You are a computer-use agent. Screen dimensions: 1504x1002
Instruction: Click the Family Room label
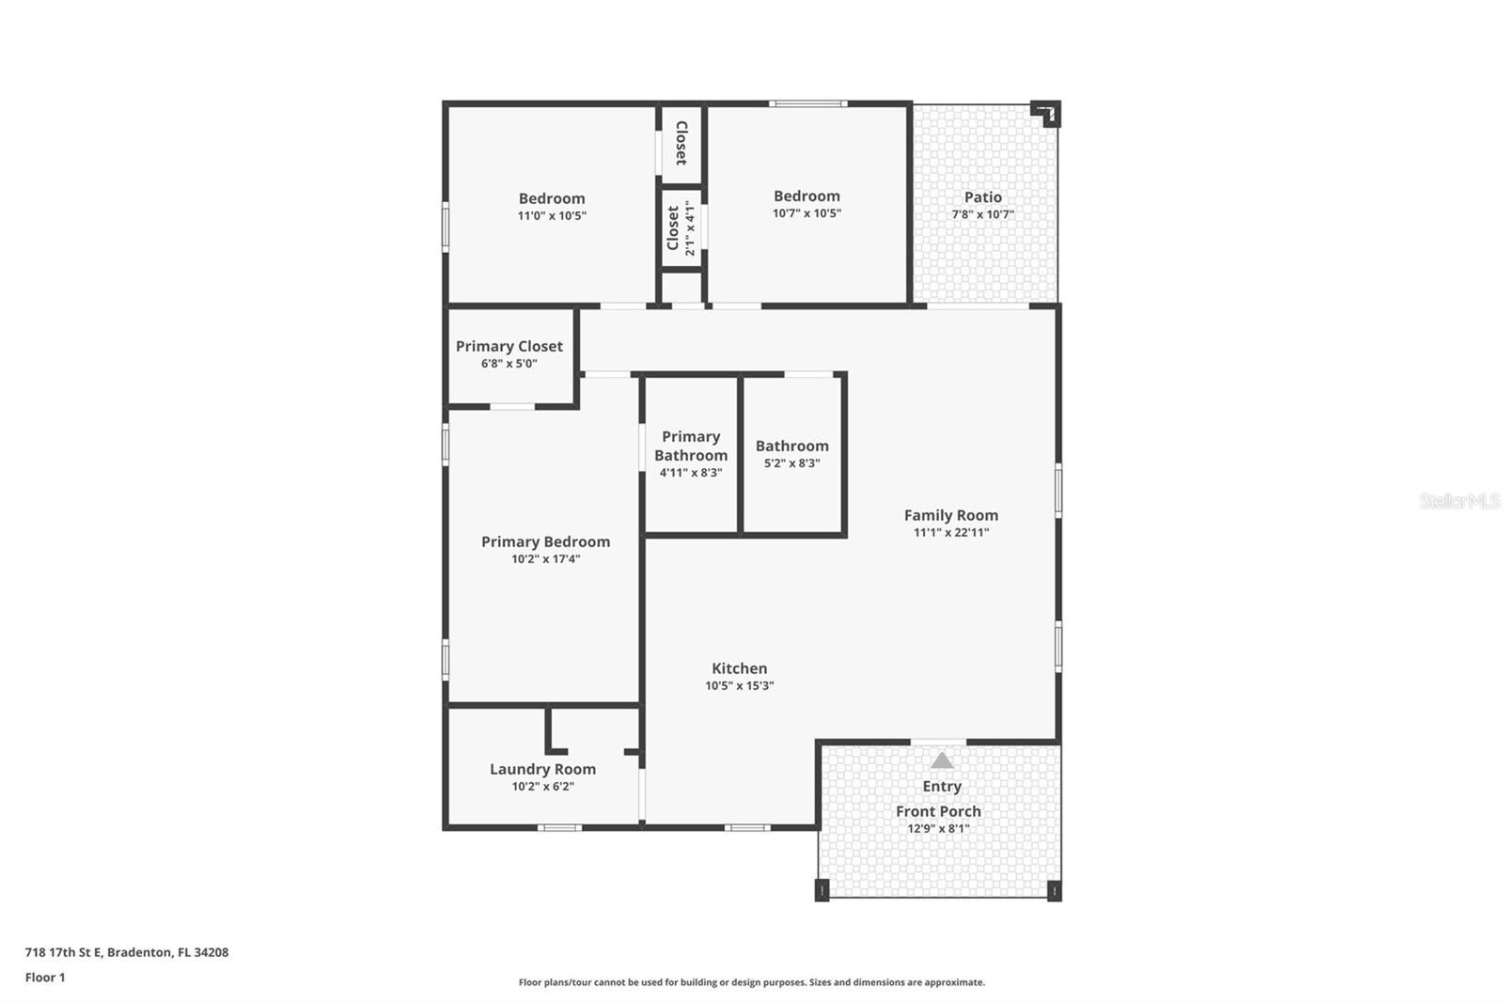[950, 515]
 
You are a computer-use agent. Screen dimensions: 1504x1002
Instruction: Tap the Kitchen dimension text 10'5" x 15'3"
[739, 685]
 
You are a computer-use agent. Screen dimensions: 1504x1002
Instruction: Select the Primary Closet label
[509, 347]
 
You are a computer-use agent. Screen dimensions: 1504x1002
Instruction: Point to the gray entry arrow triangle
[941, 760]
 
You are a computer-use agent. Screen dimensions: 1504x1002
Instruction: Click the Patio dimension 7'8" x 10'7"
[983, 214]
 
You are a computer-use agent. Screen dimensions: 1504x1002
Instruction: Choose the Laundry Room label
[542, 769]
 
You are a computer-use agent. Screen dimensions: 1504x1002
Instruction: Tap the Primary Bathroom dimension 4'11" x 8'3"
[691, 473]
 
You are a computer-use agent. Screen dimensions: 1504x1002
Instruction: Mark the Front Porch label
[938, 811]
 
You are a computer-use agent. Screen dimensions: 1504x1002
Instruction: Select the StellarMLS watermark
[1459, 501]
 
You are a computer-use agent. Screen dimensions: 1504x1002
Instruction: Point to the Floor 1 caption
[45, 978]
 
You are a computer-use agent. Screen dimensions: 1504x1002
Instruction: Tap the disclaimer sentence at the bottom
[751, 982]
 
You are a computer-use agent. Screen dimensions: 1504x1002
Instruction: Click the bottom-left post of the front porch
[822, 890]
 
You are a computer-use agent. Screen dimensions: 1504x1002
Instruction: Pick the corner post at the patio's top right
[1046, 114]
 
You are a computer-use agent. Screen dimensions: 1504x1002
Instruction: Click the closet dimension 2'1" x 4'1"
[690, 228]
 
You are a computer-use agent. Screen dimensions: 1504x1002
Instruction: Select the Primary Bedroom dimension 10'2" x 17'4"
[545, 559]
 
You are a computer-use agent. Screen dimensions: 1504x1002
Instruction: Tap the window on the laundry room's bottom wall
[559, 827]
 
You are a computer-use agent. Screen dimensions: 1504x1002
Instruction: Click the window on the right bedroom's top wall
[807, 103]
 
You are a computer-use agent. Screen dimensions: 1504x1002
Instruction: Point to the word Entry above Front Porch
[941, 787]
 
